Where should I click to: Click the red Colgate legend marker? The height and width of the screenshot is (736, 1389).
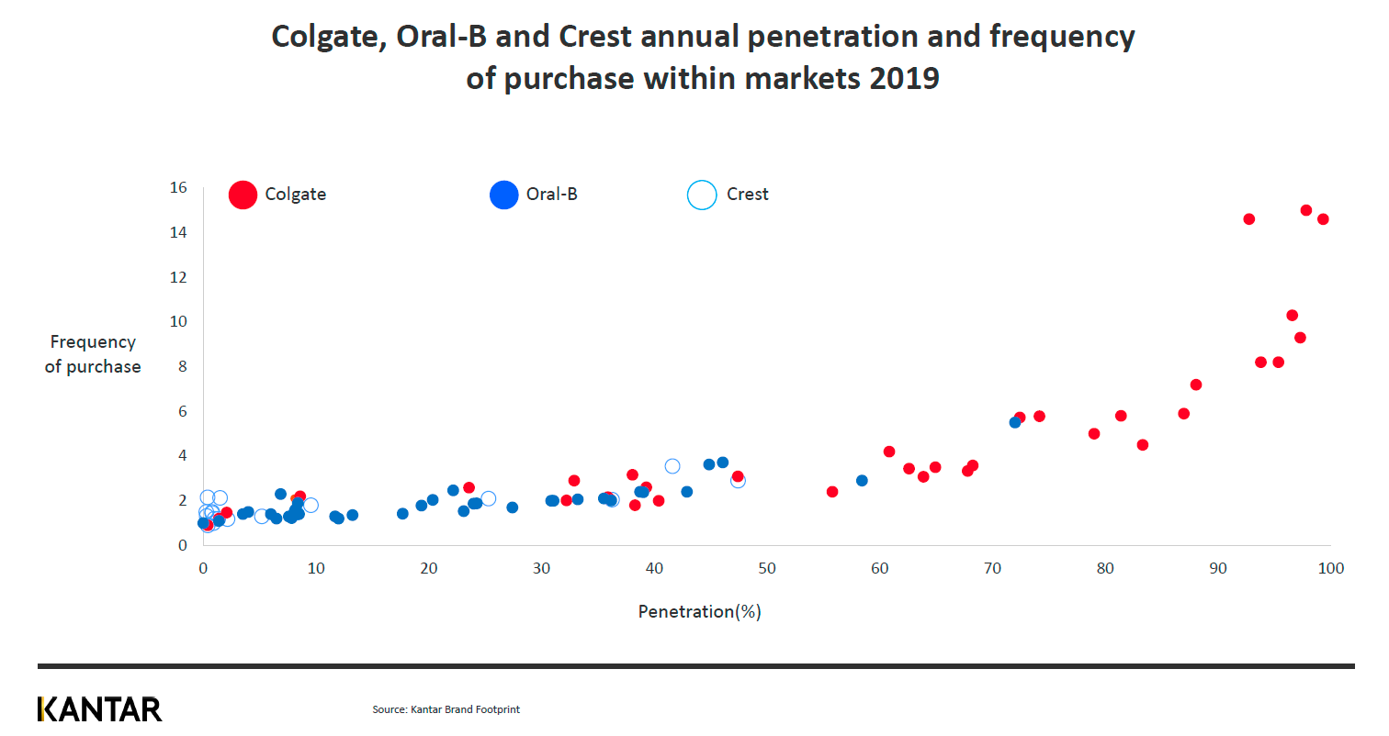[243, 195]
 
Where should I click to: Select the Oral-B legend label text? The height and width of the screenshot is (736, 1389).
[551, 195]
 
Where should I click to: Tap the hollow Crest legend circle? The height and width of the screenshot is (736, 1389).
[702, 195]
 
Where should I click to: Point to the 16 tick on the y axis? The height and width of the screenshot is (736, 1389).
[178, 188]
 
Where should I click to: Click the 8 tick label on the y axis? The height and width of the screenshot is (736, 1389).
[181, 366]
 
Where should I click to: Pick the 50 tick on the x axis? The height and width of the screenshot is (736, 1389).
[767, 569]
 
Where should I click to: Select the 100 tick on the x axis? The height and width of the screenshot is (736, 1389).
[1330, 569]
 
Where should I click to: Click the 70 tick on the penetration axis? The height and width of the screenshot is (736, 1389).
[992, 569]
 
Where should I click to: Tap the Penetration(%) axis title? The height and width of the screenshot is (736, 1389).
[700, 611]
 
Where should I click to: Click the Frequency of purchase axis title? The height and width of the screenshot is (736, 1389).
[93, 354]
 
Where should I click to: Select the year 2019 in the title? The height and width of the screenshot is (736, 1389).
[902, 78]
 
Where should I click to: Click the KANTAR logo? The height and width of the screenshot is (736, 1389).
[100, 708]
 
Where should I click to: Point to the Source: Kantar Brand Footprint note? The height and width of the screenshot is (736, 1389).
[446, 709]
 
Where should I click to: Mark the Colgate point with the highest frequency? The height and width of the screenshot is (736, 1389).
[1305, 210]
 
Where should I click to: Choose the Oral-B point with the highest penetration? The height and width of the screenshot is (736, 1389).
[1015, 422]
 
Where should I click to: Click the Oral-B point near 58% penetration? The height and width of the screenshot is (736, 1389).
[862, 481]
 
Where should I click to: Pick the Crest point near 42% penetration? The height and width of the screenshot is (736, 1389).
[672, 466]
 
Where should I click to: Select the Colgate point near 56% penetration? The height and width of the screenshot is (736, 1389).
[832, 492]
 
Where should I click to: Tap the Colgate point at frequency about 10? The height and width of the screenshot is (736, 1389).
[1292, 316]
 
